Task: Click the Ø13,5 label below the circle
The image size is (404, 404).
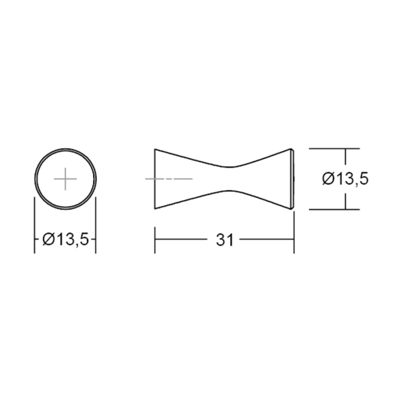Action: [65, 239]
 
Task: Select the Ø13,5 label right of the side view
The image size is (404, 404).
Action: [345, 179]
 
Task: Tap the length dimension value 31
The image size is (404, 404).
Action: [224, 240]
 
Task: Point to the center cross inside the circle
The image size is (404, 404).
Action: [65, 179]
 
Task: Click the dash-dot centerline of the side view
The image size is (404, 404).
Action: [169, 179]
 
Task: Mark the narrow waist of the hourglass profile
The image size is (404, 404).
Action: [230, 179]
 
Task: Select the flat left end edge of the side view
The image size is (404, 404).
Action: [155, 179]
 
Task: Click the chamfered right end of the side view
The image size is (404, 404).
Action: [293, 179]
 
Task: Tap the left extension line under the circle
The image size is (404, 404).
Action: [34, 225]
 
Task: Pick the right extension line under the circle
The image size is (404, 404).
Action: [96, 225]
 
